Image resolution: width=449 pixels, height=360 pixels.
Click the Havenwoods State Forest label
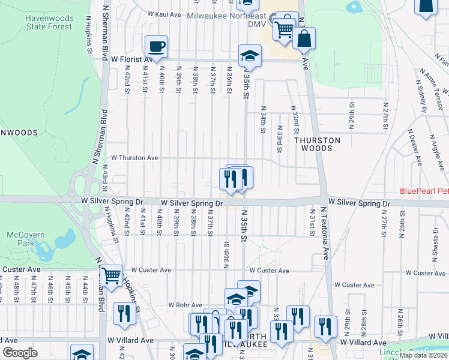tap(48, 22)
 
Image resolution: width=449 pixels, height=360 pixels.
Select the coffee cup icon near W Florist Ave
tap(156, 46)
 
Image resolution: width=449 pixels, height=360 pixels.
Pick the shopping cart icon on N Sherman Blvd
tap(110, 276)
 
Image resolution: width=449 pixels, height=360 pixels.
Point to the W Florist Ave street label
tap(133, 59)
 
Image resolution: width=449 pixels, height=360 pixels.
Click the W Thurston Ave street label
tap(130, 158)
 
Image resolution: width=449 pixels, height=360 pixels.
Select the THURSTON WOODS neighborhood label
tap(317, 144)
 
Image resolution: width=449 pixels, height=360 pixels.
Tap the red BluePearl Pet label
tap(424, 192)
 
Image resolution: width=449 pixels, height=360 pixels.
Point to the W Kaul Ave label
tap(164, 14)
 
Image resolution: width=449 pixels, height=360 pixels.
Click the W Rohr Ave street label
tap(187, 305)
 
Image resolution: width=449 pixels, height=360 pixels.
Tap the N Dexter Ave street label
tap(414, 144)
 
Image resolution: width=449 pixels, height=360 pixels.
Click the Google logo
tap(20, 352)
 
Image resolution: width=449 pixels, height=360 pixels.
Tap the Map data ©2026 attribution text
tap(422, 355)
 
